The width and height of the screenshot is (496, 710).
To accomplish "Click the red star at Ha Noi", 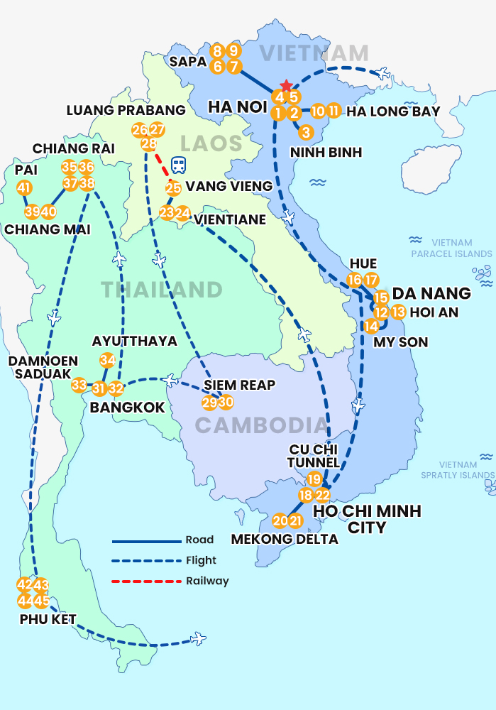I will tap(286, 85).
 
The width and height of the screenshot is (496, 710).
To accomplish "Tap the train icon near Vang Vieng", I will tap(180, 165).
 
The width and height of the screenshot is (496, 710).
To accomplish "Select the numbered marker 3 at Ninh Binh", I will tap(305, 132).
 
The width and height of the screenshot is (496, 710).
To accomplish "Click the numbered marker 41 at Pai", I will tap(24, 188).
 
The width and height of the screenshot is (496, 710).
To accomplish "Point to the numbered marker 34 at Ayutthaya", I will tap(107, 360).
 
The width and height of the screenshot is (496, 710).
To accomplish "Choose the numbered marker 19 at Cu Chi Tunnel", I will tap(314, 479).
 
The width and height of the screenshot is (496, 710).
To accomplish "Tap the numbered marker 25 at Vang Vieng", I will tap(173, 188).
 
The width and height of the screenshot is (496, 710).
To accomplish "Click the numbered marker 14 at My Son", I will tap(371, 327).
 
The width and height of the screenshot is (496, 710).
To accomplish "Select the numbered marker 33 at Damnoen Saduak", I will tap(79, 386).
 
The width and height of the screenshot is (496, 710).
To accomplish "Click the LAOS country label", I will tap(211, 143).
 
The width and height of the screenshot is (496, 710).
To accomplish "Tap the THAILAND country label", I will tap(162, 290).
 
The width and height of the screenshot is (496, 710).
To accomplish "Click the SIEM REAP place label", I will tap(239, 386).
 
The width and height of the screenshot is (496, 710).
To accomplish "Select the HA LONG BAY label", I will tap(394, 111).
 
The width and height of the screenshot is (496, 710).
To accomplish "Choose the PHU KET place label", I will tap(48, 618).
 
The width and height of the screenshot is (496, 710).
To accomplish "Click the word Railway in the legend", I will tap(207, 581).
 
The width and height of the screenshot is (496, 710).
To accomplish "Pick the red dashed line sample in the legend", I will tap(146, 581).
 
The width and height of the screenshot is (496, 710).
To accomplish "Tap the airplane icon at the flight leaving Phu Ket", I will tap(198, 640).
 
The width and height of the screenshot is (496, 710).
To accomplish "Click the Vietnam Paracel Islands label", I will tap(451, 248).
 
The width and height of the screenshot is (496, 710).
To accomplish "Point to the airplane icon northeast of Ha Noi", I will tap(383, 73).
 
